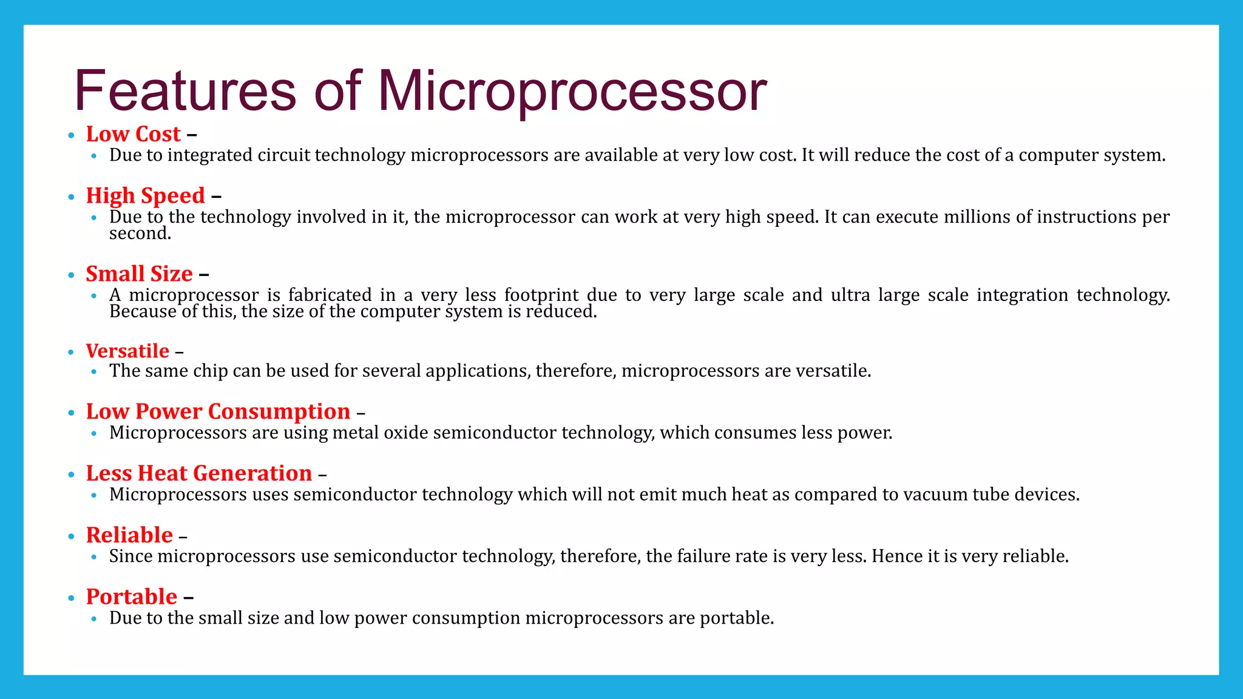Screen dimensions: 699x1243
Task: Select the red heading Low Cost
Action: coord(133,134)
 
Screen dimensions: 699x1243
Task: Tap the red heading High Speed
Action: coord(145,196)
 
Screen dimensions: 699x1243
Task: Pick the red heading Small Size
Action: coord(139,274)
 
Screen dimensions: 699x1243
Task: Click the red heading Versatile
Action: coord(127,351)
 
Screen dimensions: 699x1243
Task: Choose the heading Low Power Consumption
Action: coord(218,411)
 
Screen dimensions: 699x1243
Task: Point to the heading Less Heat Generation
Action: coord(198,473)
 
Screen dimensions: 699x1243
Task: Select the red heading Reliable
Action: coord(129,535)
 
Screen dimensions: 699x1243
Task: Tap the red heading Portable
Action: coord(131,597)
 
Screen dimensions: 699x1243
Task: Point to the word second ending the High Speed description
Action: coord(140,234)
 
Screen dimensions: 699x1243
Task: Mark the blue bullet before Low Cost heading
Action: coord(71,135)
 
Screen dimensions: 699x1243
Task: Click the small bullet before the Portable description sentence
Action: coord(93,619)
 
